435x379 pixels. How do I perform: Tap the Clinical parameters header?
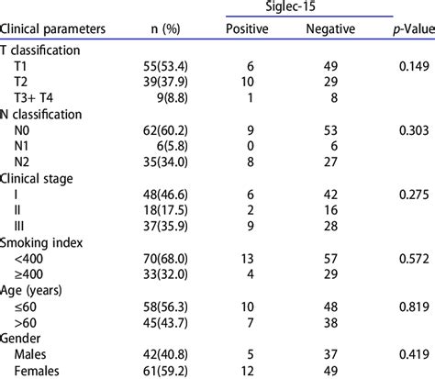58,28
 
